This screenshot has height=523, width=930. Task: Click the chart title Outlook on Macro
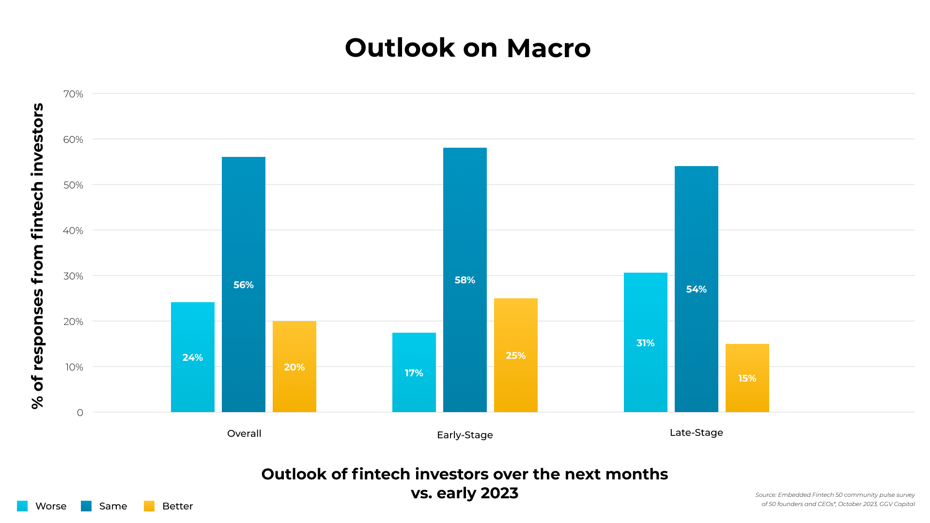(467, 48)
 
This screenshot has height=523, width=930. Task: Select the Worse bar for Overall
(193, 357)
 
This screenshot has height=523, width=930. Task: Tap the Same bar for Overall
(244, 284)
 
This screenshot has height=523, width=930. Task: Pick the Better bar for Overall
(294, 367)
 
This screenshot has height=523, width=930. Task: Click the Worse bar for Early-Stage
(414, 372)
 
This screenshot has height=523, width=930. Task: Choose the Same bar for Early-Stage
(465, 280)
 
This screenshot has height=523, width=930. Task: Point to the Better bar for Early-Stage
(516, 355)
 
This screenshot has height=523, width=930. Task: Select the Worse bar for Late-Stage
(646, 342)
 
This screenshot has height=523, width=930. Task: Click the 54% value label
(697, 289)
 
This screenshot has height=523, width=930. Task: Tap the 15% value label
(747, 378)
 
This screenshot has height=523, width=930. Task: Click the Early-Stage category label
(465, 435)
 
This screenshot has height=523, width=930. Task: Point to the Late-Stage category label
(697, 432)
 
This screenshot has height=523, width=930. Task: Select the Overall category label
(244, 433)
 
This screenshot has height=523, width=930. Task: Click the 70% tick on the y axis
(73, 94)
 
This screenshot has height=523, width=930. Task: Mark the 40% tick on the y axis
(73, 231)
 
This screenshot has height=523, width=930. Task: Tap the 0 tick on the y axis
(80, 413)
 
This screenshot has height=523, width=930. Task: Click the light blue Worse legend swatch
(22, 506)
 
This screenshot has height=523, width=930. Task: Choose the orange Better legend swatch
(149, 506)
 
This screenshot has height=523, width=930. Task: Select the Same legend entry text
(113, 506)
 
